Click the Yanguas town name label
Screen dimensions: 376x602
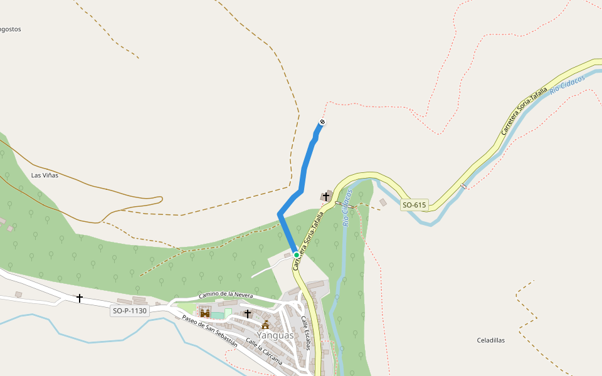[275, 335]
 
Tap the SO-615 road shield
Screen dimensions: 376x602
[414, 205]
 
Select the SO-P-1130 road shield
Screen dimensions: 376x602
[130, 311]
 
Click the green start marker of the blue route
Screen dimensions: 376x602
[296, 255]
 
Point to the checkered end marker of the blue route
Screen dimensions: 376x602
[322, 122]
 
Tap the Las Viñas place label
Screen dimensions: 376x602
[45, 175]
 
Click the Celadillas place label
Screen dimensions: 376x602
[491, 340]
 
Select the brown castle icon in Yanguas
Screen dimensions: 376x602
[204, 313]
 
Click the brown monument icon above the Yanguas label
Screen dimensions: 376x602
[265, 325]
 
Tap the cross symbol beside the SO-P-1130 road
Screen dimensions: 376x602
[80, 298]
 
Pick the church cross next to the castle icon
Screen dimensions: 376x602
[247, 313]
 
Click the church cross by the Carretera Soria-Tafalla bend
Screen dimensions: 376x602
[326, 197]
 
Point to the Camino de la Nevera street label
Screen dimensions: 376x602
[226, 295]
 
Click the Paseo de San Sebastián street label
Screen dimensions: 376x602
[209, 330]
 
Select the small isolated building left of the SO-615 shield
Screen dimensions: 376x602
[383, 202]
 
